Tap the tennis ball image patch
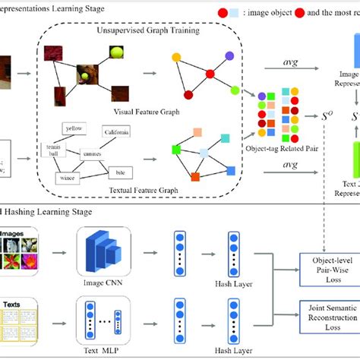pyautogui.click(x=115, y=53)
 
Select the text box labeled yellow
pyautogui.click(x=74, y=128)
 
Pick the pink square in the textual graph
pyautogui.click(x=197, y=133)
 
